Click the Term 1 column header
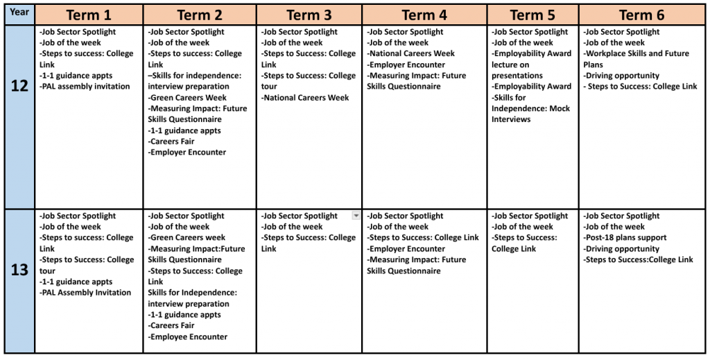pyautogui.click(x=89, y=15)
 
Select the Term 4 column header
pyautogui.click(x=424, y=15)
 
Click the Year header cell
pyautogui.click(x=19, y=12)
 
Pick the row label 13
pyautogui.click(x=19, y=271)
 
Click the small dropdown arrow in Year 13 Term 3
pyautogui.click(x=356, y=216)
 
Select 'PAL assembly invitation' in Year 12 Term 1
pyautogui.click(x=85, y=87)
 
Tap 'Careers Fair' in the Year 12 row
pyautogui.click(x=171, y=142)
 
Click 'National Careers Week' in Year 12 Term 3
pyautogui.click(x=305, y=98)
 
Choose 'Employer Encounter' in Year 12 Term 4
pyautogui.click(x=406, y=65)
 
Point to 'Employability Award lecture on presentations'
pyautogui.click(x=531, y=65)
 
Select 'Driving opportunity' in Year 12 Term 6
pyautogui.click(x=621, y=76)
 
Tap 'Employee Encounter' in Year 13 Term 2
pyautogui.click(x=187, y=337)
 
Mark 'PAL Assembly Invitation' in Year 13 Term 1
pyautogui.click(x=85, y=293)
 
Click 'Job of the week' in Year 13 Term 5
pyautogui.click(x=523, y=227)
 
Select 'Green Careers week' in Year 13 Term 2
pyautogui.click(x=187, y=238)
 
